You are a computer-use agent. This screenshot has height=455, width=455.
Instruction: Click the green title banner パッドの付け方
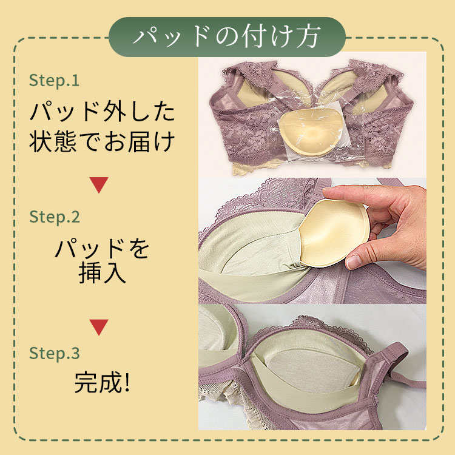pyautogui.click(x=227, y=37)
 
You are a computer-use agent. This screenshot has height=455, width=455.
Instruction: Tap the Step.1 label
pyautogui.click(x=54, y=80)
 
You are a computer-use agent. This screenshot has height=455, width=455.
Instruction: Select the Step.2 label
pyautogui.click(x=54, y=217)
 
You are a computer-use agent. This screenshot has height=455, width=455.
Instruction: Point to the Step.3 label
pyautogui.click(x=54, y=353)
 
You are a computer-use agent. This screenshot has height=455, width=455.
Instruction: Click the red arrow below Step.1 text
pyautogui.click(x=99, y=184)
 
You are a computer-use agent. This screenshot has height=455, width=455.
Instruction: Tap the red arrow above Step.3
pyautogui.click(x=99, y=327)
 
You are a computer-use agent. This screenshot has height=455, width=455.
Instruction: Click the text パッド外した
pyautogui.click(x=102, y=112)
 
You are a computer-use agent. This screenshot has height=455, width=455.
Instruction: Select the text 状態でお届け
pyautogui.click(x=102, y=141)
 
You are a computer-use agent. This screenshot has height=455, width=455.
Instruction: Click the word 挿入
pyautogui.click(x=102, y=273)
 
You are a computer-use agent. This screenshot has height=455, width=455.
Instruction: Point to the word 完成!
pyautogui.click(x=101, y=383)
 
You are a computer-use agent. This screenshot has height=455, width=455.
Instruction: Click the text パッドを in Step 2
pyautogui.click(x=102, y=249)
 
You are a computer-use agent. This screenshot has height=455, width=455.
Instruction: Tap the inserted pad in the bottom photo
pyautogui.click(x=314, y=368)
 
